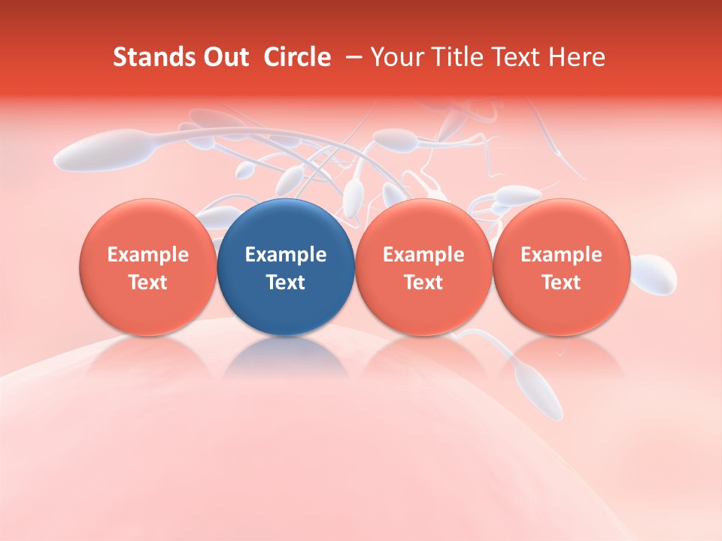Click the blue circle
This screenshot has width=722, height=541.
point(286,267)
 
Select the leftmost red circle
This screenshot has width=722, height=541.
point(147,267)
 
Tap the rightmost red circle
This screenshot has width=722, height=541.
point(561,267)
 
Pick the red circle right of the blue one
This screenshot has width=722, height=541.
point(423,267)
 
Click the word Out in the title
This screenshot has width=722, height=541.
point(226,57)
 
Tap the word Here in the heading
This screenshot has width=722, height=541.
point(577,57)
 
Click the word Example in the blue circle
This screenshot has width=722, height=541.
point(286,255)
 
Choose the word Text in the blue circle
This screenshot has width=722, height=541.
point(286,283)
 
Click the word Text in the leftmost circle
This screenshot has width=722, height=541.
point(147,283)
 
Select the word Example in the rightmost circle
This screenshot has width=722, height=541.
point(561,255)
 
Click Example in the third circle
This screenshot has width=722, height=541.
point(423,255)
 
